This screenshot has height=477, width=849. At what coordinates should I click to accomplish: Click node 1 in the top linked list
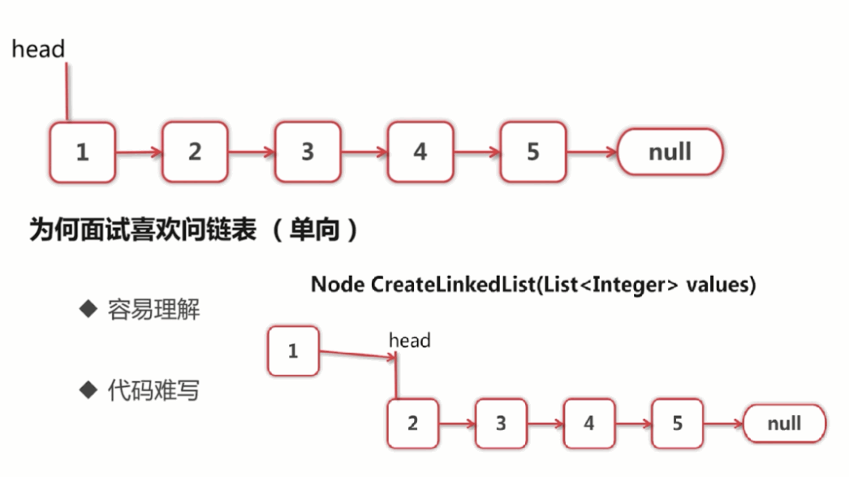click(x=82, y=152)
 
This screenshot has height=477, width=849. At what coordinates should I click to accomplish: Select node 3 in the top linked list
click(x=307, y=152)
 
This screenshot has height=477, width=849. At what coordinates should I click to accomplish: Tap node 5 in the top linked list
click(x=532, y=152)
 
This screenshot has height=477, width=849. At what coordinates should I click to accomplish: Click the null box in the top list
click(x=670, y=152)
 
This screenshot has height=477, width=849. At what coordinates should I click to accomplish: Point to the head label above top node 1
click(x=38, y=49)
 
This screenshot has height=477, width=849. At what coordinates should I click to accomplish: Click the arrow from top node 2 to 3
click(x=251, y=152)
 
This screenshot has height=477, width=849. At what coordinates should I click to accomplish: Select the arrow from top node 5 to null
click(x=591, y=152)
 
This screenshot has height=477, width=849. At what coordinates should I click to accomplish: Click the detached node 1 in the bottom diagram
click(x=293, y=351)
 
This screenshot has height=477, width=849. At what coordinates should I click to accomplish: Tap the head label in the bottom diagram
click(x=410, y=341)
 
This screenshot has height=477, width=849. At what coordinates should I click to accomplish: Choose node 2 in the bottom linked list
click(x=413, y=423)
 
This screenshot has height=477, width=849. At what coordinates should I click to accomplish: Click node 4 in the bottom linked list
click(x=589, y=423)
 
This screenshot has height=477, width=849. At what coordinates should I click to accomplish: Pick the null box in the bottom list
click(x=784, y=423)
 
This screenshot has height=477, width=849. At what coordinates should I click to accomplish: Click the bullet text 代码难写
click(x=153, y=391)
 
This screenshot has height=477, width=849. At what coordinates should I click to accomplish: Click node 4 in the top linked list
click(x=420, y=152)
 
